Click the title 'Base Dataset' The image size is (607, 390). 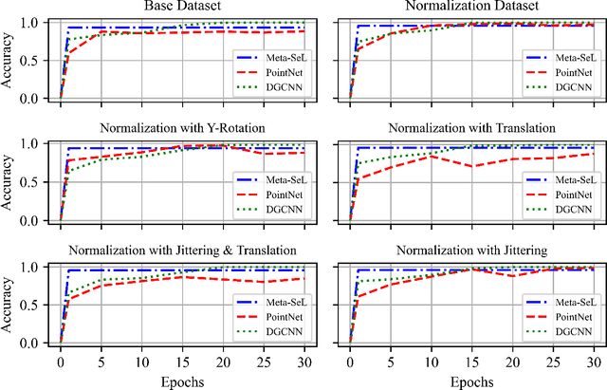coord(178,7)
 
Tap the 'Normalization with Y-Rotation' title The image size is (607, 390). coord(178,129)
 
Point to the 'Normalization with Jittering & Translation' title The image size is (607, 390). coord(178,251)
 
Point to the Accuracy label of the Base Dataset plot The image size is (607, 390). coord(9,60)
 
